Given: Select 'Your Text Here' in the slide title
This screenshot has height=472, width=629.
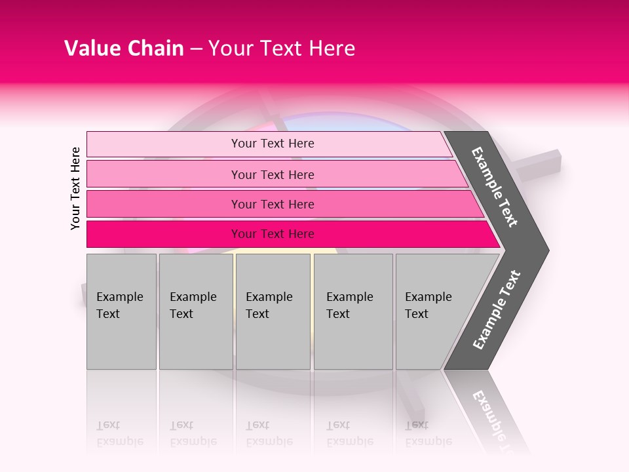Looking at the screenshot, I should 282,49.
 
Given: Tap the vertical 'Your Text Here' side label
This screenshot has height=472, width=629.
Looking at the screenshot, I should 75,188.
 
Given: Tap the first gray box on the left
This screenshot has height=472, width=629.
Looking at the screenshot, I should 121,311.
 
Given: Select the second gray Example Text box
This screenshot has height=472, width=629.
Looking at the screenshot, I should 195,311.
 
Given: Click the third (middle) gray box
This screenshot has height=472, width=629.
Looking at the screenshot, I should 273,311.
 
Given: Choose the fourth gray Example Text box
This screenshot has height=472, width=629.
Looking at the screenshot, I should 353,311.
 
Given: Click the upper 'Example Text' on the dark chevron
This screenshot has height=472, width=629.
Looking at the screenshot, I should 495,187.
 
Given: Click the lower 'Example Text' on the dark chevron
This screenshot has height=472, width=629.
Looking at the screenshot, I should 497,310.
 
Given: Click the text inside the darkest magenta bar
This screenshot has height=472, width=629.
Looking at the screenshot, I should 273,234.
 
